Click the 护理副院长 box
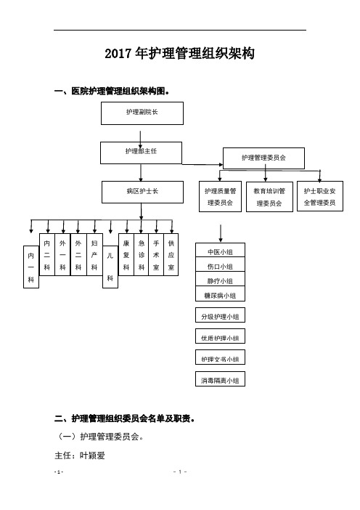click(142, 113)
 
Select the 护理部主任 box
click(141, 153)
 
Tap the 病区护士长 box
click(142, 193)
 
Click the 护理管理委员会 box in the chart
click(263, 158)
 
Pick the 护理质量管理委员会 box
click(220, 196)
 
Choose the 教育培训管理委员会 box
click(269, 196)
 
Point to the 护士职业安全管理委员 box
click(319, 196)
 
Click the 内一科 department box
click(31, 267)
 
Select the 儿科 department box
click(110, 267)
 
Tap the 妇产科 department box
click(94, 255)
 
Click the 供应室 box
click(171, 255)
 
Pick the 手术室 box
click(156, 255)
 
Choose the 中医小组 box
click(220, 250)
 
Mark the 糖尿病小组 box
click(220, 294)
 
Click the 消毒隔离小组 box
click(220, 379)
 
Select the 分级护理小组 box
click(220, 315)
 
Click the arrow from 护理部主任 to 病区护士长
click(141, 173)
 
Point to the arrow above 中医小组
click(221, 233)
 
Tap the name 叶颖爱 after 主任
click(92, 456)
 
